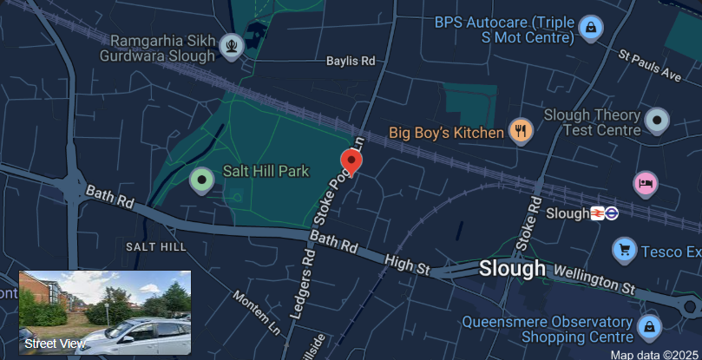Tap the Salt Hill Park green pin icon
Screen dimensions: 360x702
click(202, 180)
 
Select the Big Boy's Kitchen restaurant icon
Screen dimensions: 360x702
click(521, 131)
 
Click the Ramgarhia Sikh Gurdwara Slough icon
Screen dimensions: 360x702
click(232, 44)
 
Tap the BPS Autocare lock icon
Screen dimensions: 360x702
click(591, 28)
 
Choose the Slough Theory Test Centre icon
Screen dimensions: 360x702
click(657, 121)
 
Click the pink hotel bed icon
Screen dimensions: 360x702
click(646, 183)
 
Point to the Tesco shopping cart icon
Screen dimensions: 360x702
click(624, 251)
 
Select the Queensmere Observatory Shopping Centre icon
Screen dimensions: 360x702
click(647, 327)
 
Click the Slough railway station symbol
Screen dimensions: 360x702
click(598, 213)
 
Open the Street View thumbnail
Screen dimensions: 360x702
click(105, 312)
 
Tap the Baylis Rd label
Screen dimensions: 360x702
click(351, 62)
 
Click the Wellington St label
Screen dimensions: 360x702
click(594, 279)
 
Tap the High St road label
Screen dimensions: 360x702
click(407, 265)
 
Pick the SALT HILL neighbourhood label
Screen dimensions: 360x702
click(156, 247)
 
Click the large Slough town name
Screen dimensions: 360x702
click(513, 269)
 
